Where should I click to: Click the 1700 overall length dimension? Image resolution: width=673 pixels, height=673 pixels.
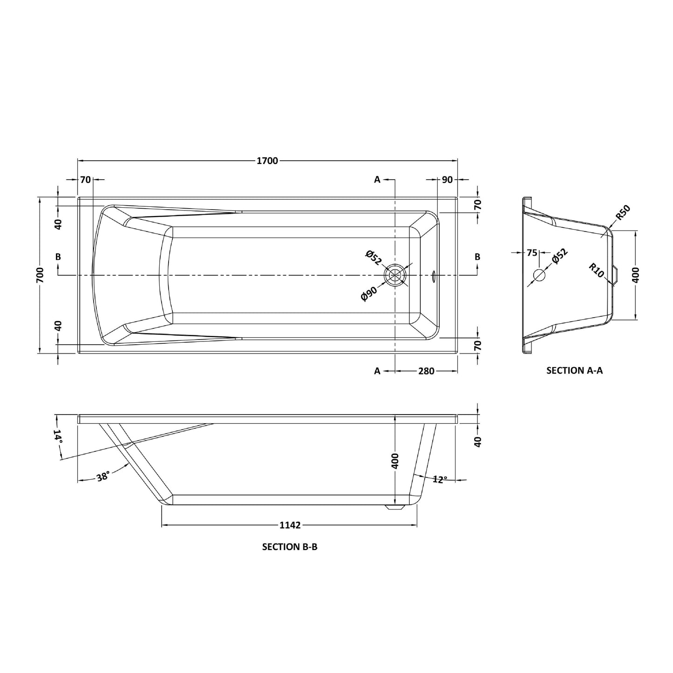click(267, 161)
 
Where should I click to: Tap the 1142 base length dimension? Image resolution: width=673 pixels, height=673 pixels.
click(290, 525)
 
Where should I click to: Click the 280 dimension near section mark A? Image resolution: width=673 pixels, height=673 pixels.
click(426, 371)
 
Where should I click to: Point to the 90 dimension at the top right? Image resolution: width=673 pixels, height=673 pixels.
click(447, 179)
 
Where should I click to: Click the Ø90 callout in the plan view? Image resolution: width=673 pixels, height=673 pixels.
click(369, 294)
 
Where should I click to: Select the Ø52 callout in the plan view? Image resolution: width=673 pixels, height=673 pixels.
click(374, 258)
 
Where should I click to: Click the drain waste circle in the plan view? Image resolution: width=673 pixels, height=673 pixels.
click(395, 275)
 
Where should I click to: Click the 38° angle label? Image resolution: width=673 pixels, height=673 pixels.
click(103, 476)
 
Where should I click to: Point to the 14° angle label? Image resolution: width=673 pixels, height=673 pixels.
click(58, 437)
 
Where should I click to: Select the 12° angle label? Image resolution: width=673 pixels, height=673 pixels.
click(440, 479)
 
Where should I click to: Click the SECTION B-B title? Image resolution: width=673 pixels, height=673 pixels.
click(290, 547)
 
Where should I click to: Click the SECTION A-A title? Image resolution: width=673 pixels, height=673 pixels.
click(574, 371)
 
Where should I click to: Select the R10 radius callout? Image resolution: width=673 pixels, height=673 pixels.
click(596, 271)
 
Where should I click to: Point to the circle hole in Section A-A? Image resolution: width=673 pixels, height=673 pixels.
click(539, 275)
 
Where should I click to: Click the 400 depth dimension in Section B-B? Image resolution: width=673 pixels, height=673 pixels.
click(395, 462)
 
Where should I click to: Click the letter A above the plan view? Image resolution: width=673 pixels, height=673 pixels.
click(377, 179)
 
